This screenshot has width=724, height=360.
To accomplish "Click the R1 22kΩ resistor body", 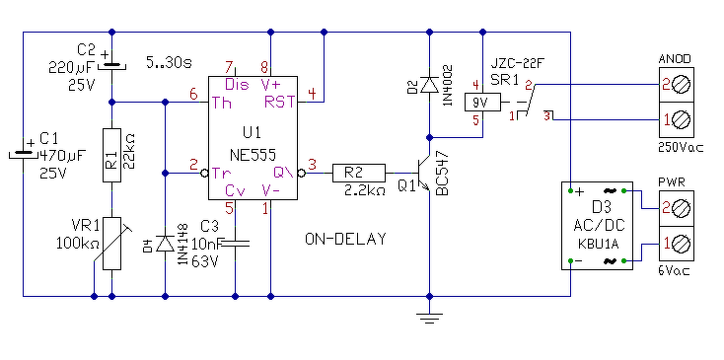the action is pos(111,155).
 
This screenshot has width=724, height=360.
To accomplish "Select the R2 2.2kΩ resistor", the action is pos(358,173).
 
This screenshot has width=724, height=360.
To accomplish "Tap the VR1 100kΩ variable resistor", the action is pos(111,244).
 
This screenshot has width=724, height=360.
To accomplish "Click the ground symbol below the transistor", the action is pos(429,318).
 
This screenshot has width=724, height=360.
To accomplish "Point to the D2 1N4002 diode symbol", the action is pos(430,86).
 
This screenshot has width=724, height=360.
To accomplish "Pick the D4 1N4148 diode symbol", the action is pos(165,244).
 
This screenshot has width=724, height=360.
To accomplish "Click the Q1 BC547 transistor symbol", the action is pos(423,173).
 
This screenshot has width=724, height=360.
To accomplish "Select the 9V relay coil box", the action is pos(482,102).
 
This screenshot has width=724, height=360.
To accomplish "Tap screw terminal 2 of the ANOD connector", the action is pos(677,85).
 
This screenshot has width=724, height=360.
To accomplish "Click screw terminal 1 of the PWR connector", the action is pos(677,245).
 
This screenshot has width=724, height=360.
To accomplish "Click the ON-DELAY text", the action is pos(345,239).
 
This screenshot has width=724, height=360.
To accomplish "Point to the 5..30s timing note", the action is pos(169,61).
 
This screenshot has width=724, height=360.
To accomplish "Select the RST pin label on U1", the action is pos(279,102).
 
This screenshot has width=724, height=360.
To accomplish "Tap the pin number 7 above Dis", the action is pos(228,67).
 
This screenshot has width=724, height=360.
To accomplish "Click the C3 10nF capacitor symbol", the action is pos(236,244).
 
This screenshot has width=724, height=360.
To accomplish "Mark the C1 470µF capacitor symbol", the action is pos(23,153).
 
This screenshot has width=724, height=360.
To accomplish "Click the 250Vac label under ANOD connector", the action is pos(681,147).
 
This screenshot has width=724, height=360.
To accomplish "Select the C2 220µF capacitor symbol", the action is pos(111,64).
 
